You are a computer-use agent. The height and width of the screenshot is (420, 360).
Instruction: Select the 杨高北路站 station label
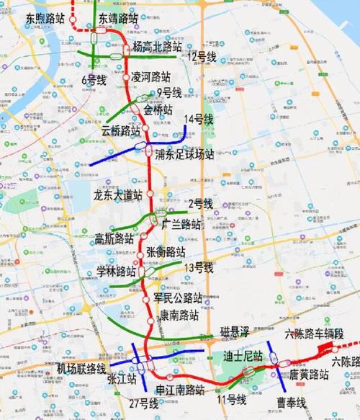coord(156,47)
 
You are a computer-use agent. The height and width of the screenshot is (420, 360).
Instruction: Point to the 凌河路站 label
coord(151,76)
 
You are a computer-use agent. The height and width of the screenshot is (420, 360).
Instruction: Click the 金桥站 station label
coord(158,110)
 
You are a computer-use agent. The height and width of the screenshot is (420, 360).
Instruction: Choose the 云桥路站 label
coord(120,131)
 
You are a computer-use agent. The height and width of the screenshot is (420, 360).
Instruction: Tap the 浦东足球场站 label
coord(185,153)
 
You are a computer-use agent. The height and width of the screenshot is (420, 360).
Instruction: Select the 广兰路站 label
coord(181,223)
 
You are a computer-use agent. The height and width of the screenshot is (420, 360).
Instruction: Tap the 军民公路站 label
coord(178,298)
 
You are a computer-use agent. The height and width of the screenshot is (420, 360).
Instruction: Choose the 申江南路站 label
coord(181,390)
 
